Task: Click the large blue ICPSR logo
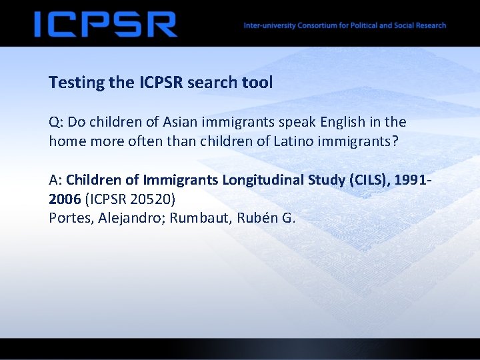105,25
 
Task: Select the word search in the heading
209,83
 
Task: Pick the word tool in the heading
257,83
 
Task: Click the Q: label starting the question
57,123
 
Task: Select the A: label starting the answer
56,180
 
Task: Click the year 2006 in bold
65,199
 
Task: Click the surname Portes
71,218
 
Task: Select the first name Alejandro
131,218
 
